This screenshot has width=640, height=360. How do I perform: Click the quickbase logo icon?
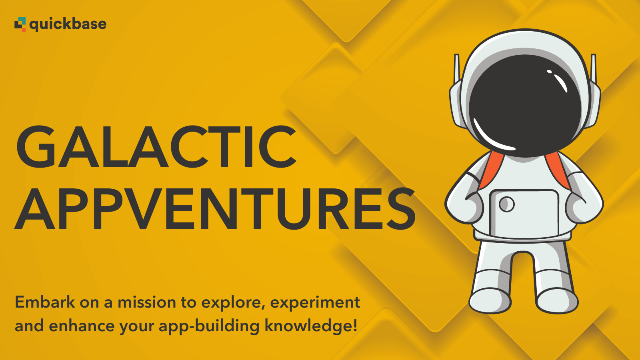point(20,24)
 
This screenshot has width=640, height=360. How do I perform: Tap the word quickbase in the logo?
point(68,24)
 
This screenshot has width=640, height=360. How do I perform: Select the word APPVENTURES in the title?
point(215,208)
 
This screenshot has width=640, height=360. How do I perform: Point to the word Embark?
point(45,302)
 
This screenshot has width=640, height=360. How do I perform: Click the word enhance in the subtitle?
point(82,326)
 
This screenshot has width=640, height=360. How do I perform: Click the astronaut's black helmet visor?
point(525,106)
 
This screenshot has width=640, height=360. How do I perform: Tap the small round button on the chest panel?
point(506,204)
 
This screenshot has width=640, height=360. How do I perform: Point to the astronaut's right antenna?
point(594,68)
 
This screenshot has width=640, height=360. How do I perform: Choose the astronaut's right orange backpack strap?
point(558,170)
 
